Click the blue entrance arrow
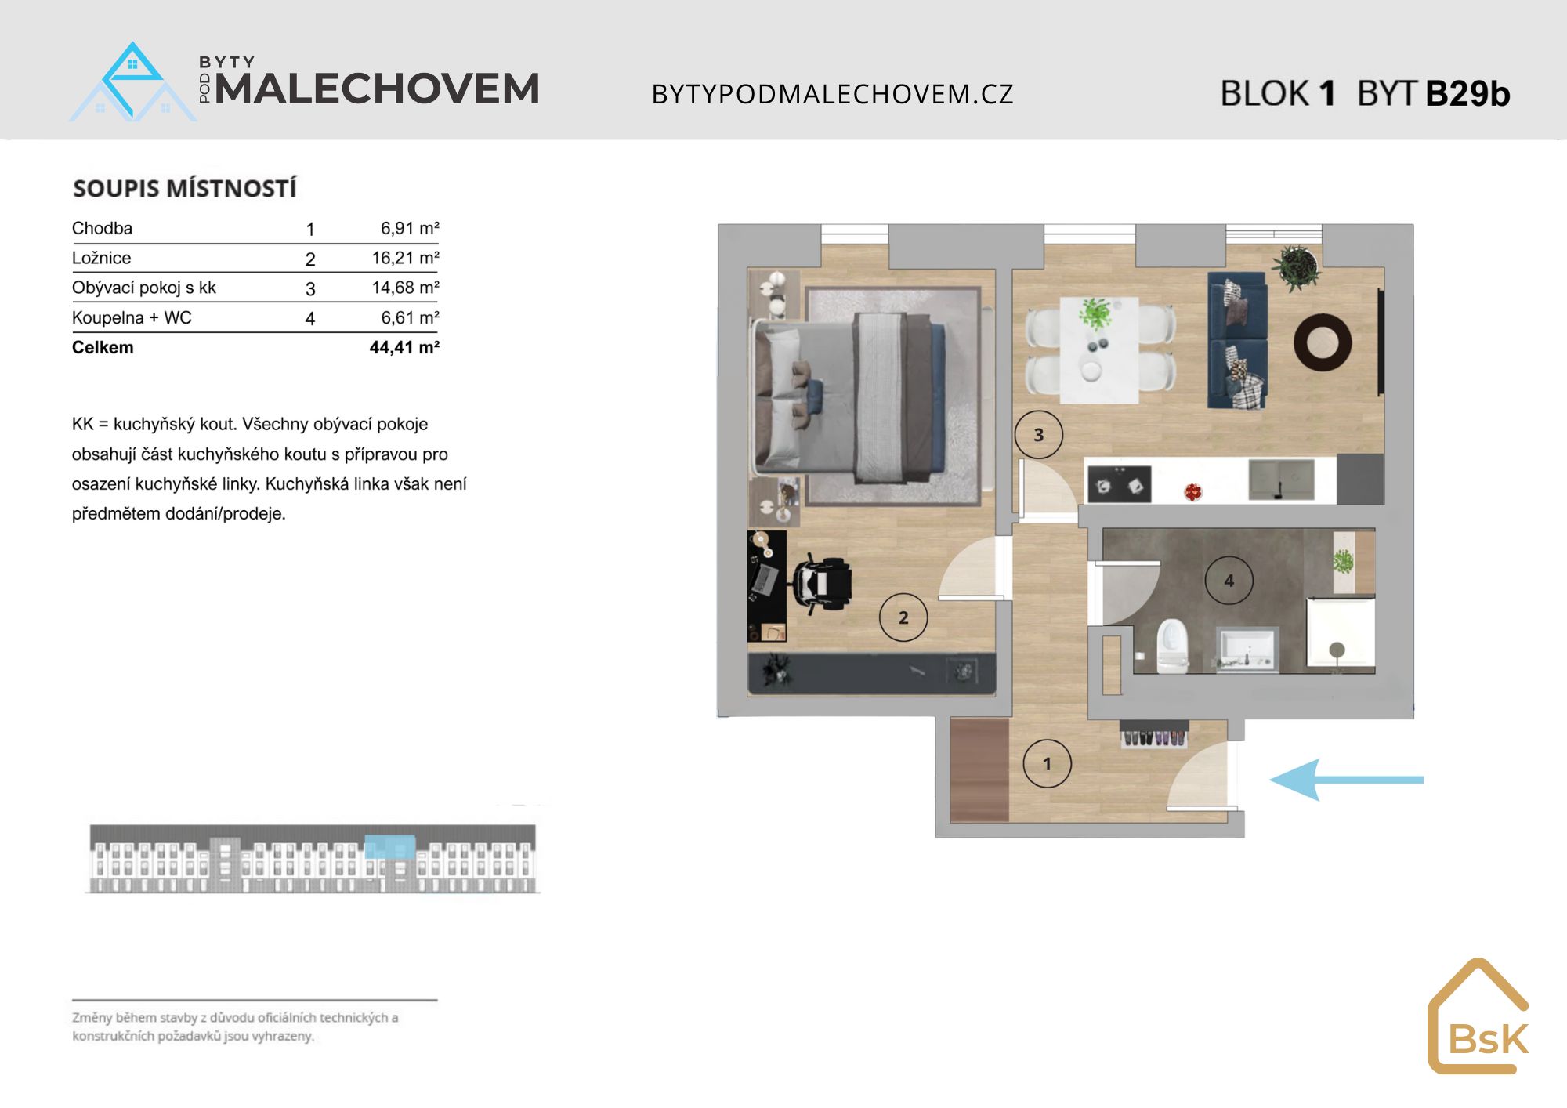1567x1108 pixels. click(x=1346, y=780)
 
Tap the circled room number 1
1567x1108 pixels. click(x=1047, y=763)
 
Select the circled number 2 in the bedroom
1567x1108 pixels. click(x=903, y=617)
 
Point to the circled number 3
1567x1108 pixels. click(x=1039, y=435)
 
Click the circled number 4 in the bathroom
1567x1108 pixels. click(x=1229, y=581)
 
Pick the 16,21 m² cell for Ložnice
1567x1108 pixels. click(x=405, y=258)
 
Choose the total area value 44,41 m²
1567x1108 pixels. click(x=404, y=347)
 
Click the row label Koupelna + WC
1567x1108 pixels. click(x=132, y=317)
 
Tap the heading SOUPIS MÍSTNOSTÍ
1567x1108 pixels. click(x=185, y=188)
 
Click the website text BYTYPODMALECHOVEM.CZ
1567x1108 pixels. click(x=833, y=94)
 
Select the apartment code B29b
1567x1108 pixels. click(x=1467, y=93)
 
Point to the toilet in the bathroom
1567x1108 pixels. click(x=1173, y=646)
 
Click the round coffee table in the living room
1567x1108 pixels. click(x=1323, y=342)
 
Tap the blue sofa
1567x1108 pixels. click(x=1237, y=340)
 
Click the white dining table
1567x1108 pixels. click(x=1099, y=349)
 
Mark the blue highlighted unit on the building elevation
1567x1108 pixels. click(x=390, y=846)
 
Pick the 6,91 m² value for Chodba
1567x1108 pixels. click(x=410, y=228)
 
